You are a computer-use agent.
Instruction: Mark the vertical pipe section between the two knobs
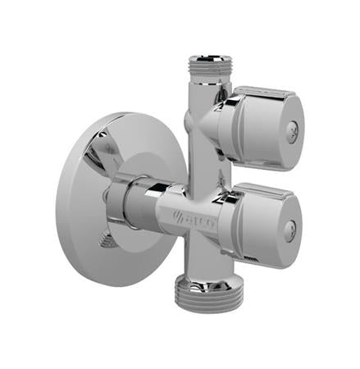pos(200,168)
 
